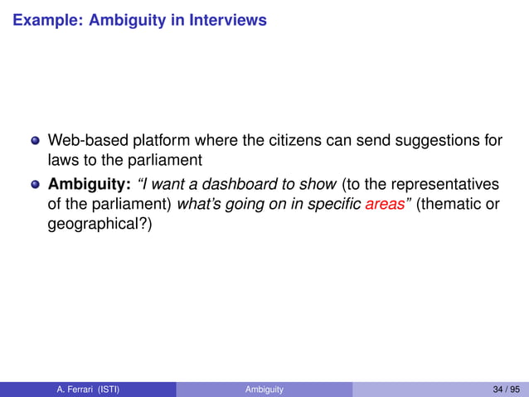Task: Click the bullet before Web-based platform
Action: (x=35, y=140)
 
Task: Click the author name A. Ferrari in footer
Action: (x=76, y=389)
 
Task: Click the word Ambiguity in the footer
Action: (x=264, y=389)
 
